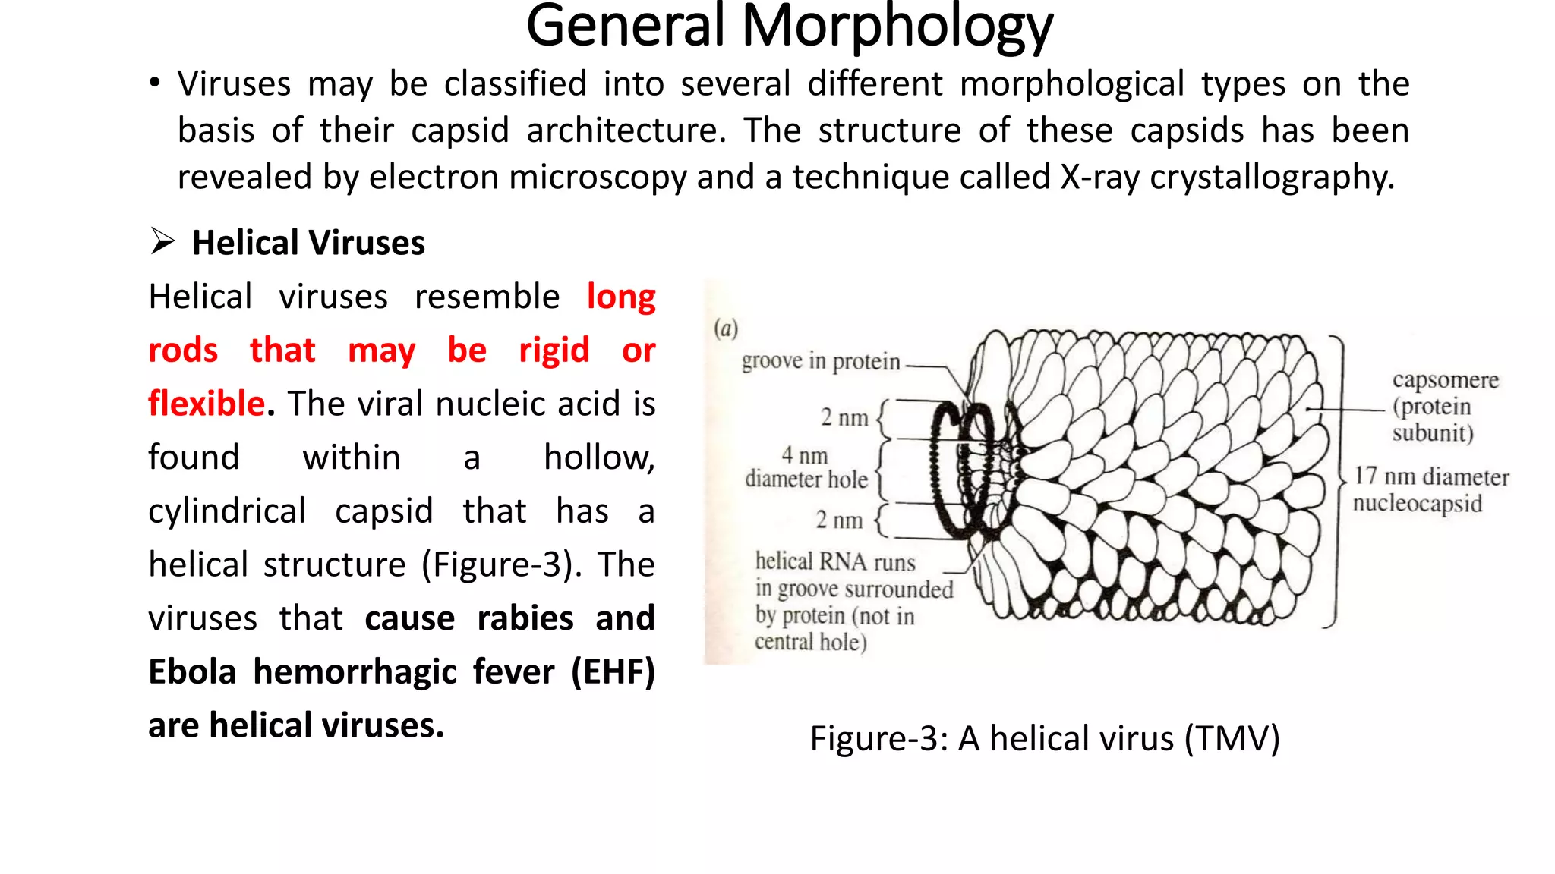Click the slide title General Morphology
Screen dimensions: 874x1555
click(x=789, y=27)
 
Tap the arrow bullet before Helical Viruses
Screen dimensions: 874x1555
click(x=162, y=242)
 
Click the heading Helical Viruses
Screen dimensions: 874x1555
click(x=308, y=244)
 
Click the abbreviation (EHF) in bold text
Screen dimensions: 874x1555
click(x=613, y=672)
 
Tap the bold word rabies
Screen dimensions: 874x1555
click(x=525, y=618)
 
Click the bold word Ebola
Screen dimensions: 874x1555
click(x=192, y=672)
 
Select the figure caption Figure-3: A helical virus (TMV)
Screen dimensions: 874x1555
click(x=1045, y=738)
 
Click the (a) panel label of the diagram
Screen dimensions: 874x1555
click(x=726, y=329)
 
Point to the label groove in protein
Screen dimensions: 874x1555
click(x=820, y=361)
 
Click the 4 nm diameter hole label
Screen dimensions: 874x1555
click(x=806, y=467)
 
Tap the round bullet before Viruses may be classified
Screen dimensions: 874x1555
click(x=155, y=83)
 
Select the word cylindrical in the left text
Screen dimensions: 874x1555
click(x=227, y=511)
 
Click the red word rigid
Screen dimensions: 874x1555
click(x=554, y=351)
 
